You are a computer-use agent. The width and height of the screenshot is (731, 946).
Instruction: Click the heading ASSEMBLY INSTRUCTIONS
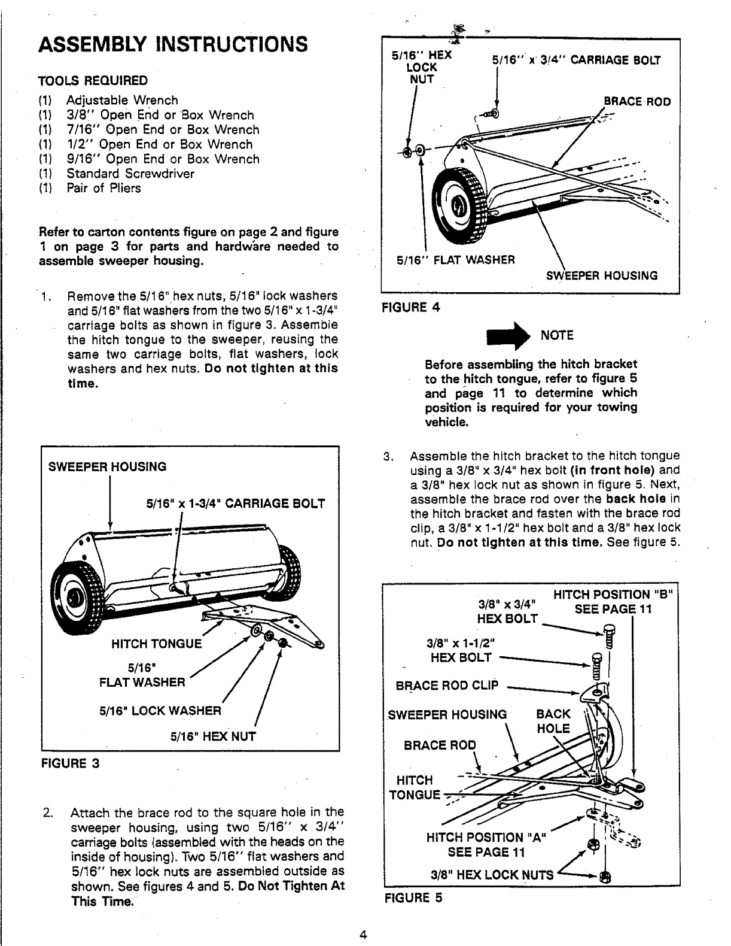coord(173,44)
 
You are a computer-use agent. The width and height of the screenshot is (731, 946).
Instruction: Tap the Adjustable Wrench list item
coord(122,100)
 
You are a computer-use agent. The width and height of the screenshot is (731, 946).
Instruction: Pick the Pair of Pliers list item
coord(103,188)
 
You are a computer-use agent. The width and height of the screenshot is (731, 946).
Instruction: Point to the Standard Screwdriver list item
coord(130,174)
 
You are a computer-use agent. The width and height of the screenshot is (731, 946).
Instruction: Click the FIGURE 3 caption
coord(70,764)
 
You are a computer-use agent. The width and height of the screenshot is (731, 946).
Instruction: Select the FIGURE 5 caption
coord(413,898)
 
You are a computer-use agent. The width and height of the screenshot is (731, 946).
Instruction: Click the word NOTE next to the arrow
coord(557,335)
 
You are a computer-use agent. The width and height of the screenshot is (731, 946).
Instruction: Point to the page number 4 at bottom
coord(363,935)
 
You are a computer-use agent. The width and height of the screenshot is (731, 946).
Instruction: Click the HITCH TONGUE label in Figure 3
coord(157,644)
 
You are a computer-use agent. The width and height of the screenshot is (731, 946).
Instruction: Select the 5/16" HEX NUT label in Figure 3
coord(213,736)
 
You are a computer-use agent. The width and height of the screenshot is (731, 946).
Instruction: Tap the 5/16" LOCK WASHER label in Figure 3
coord(160,711)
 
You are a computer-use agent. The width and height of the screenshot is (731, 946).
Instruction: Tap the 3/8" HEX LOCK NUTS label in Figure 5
coord(492,874)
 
